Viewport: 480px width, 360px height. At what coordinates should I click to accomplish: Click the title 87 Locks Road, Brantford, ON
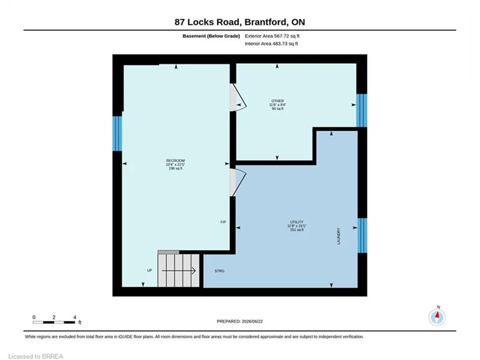(x=239, y=22)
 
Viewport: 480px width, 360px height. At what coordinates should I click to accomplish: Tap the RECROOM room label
(x=175, y=161)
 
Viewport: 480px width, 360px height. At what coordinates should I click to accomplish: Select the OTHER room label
(x=277, y=101)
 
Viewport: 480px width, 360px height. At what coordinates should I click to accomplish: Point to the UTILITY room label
(x=296, y=222)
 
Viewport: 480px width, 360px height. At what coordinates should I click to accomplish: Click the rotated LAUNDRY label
(x=338, y=236)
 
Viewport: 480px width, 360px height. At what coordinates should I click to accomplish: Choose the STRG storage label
(x=219, y=271)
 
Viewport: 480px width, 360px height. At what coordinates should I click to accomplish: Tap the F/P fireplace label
(x=223, y=222)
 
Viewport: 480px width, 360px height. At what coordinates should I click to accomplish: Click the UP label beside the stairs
(x=149, y=271)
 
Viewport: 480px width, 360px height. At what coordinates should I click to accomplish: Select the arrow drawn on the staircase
(x=179, y=271)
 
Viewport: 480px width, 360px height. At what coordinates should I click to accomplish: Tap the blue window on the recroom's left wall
(x=117, y=133)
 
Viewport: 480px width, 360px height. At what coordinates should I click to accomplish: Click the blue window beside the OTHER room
(x=362, y=110)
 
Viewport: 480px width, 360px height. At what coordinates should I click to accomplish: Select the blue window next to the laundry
(x=362, y=235)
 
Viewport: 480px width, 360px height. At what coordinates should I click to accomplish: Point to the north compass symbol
(x=437, y=317)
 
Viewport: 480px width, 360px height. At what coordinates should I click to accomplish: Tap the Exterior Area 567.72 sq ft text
(x=272, y=36)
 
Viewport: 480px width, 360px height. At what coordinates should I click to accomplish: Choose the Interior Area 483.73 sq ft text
(x=271, y=43)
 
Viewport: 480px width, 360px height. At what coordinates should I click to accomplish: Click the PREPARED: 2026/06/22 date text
(x=239, y=322)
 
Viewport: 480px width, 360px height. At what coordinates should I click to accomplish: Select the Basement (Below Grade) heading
(x=211, y=36)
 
